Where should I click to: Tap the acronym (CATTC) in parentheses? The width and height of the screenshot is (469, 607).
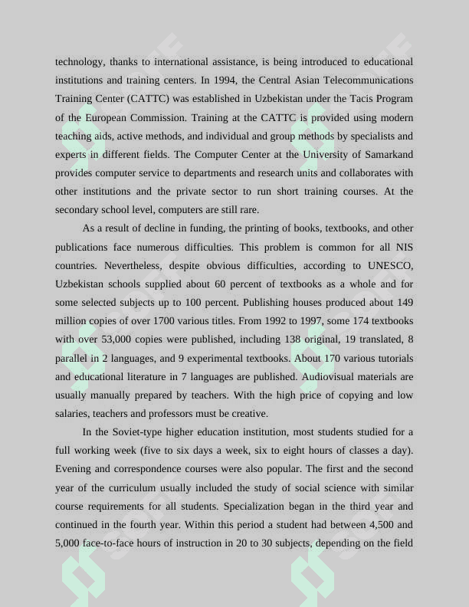149,99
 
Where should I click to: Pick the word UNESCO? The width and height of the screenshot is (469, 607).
390,266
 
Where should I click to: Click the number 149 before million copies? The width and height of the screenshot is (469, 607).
405,303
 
